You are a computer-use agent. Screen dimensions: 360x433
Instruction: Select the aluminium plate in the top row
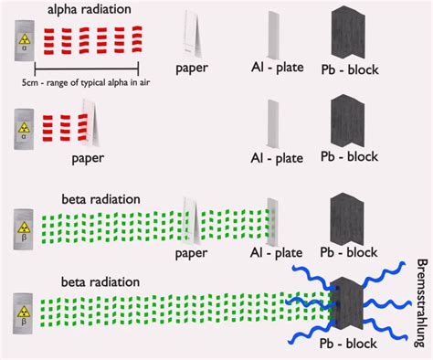tap(273, 37)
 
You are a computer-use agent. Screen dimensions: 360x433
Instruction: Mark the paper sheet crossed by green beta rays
tap(191, 219)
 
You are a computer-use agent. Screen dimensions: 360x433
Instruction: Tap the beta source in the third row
tap(22, 224)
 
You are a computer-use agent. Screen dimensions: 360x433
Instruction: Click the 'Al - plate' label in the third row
tap(277, 253)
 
